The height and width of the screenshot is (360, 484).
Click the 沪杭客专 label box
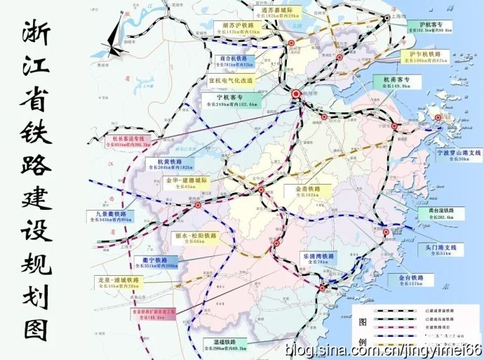tap(429, 27)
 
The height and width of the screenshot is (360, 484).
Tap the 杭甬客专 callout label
tap(396, 83)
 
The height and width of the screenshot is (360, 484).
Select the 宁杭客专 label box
tap(238, 100)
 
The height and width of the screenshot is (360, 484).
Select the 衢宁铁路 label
tap(153, 263)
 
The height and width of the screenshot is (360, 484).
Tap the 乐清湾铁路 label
tap(318, 258)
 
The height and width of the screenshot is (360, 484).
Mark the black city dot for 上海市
tap(387, 19)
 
